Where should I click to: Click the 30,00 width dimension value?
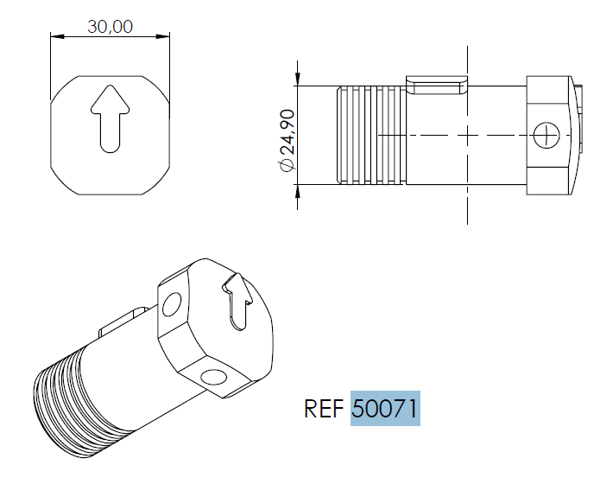click(x=110, y=26)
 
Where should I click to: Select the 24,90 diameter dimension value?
click(x=287, y=130)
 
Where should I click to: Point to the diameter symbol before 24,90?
click(x=287, y=165)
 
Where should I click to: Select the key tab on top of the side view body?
click(x=439, y=85)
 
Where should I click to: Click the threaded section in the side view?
click(x=370, y=135)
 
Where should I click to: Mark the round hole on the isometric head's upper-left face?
click(x=172, y=305)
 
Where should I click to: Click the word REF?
click(x=325, y=409)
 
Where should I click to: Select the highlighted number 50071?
click(x=385, y=409)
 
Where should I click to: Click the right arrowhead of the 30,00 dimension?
click(x=164, y=36)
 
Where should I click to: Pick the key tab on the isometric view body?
click(x=121, y=324)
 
